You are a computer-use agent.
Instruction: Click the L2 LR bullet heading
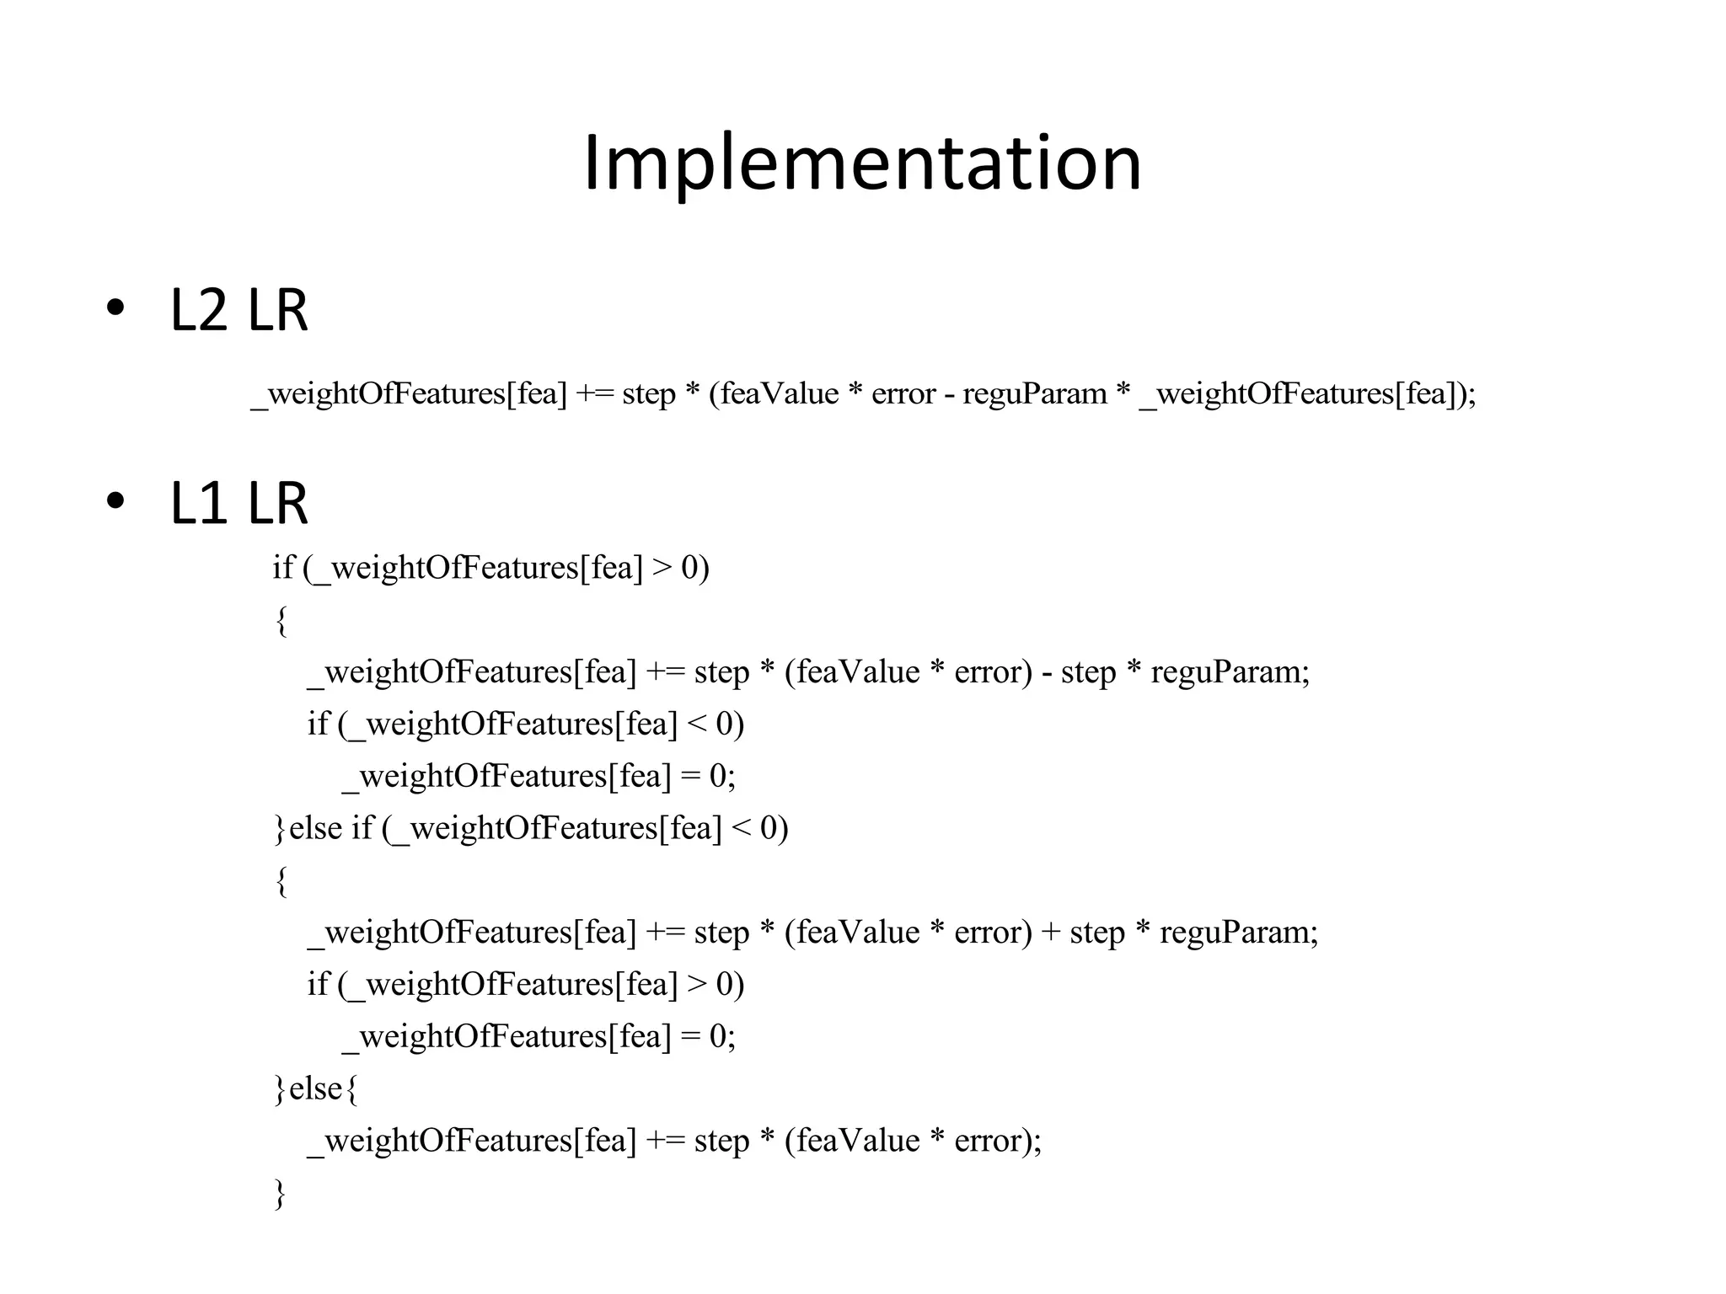[x=239, y=310]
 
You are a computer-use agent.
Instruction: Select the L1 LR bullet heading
[x=239, y=503]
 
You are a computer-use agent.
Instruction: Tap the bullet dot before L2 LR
[x=116, y=308]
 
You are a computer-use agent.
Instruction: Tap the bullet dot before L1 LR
[x=116, y=501]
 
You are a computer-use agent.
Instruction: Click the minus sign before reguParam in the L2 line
[x=949, y=394]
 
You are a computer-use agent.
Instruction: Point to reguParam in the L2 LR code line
[x=1035, y=394]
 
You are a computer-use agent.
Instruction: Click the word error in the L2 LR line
[x=903, y=394]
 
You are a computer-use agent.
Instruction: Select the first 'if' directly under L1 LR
[x=282, y=568]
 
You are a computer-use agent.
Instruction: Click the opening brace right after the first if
[x=281, y=622]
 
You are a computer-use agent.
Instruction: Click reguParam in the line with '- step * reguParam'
[x=1230, y=672]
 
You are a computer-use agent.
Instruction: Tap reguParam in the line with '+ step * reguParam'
[x=1238, y=933]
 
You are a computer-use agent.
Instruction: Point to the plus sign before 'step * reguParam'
[x=1051, y=933]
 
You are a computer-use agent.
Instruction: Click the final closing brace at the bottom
[x=280, y=1194]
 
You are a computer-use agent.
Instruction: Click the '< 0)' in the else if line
[x=760, y=828]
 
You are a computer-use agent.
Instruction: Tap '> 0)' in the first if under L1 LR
[x=681, y=568]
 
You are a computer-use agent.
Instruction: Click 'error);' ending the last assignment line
[x=998, y=1141]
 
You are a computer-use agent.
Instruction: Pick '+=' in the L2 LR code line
[x=594, y=394]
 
